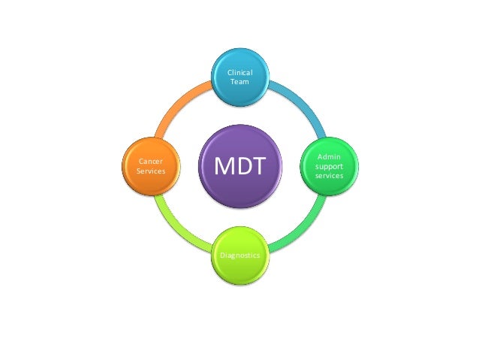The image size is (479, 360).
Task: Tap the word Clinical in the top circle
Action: tap(240, 72)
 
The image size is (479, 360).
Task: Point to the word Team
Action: tap(240, 81)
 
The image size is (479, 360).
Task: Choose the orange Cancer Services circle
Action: tap(151, 165)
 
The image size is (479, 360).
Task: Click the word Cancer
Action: tap(151, 161)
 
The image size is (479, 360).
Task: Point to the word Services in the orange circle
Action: tap(151, 171)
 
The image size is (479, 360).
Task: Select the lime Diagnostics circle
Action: tap(240, 254)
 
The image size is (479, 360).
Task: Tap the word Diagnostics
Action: tap(240, 256)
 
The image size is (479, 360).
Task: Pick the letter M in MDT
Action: tap(224, 166)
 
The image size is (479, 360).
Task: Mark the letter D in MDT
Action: tap(242, 166)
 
